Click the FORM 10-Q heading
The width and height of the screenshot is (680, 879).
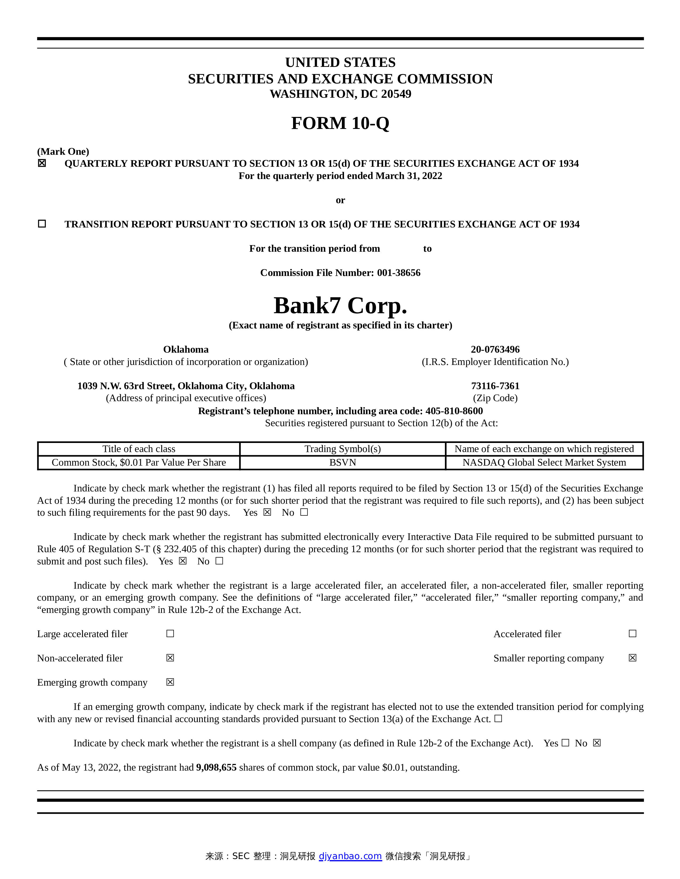tap(340, 123)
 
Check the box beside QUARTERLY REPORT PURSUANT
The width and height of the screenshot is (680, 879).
tap(42, 163)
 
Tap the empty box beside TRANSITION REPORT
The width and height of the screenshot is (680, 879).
tap(42, 224)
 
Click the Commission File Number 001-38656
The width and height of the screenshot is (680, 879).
tap(398, 273)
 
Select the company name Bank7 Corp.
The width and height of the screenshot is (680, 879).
tap(340, 306)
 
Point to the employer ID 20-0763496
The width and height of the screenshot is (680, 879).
tap(495, 349)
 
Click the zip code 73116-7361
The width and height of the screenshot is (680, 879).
tap(495, 386)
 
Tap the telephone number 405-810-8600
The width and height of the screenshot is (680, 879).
tap(454, 411)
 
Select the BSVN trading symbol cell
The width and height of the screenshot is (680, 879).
tap(342, 462)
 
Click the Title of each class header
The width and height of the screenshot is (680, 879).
tap(139, 449)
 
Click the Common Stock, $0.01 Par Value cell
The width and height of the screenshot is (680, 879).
tap(139, 462)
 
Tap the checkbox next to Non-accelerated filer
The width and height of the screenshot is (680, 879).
tap(170, 658)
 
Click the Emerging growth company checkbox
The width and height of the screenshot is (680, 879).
tap(170, 682)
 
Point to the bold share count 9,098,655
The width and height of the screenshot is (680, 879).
tap(216, 767)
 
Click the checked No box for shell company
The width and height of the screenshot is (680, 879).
tap(597, 743)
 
